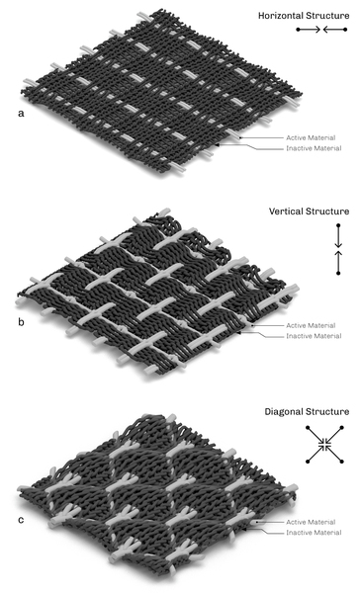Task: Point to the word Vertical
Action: pos(288,212)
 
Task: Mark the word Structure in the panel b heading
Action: pos(329,212)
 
